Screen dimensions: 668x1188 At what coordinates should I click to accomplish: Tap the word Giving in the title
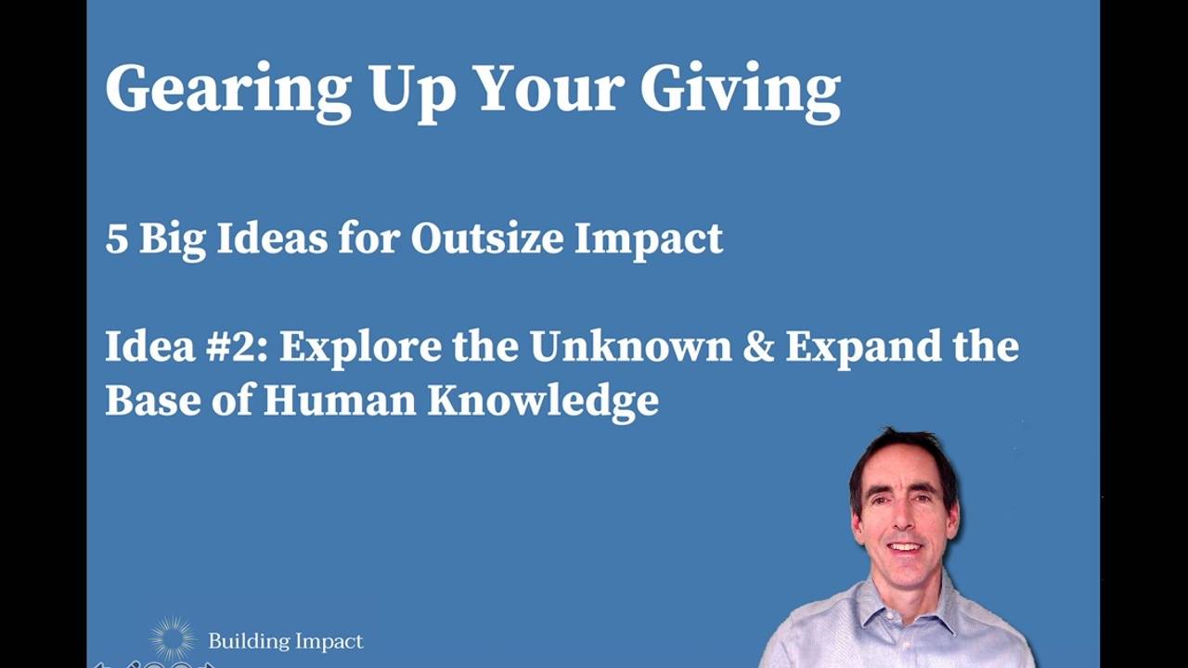pos(740,90)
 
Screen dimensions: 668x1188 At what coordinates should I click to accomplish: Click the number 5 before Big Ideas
pos(116,239)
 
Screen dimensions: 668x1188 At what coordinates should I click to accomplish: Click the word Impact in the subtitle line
pos(648,239)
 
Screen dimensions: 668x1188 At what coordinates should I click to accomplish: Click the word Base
pos(147,401)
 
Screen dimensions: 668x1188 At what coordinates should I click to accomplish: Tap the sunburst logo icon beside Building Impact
pos(173,639)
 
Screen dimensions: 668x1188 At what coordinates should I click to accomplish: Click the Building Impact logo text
pos(285,641)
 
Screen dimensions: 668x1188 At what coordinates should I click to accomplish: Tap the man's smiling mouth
pos(904,547)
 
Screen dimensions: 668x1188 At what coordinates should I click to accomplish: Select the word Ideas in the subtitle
pos(272,239)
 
